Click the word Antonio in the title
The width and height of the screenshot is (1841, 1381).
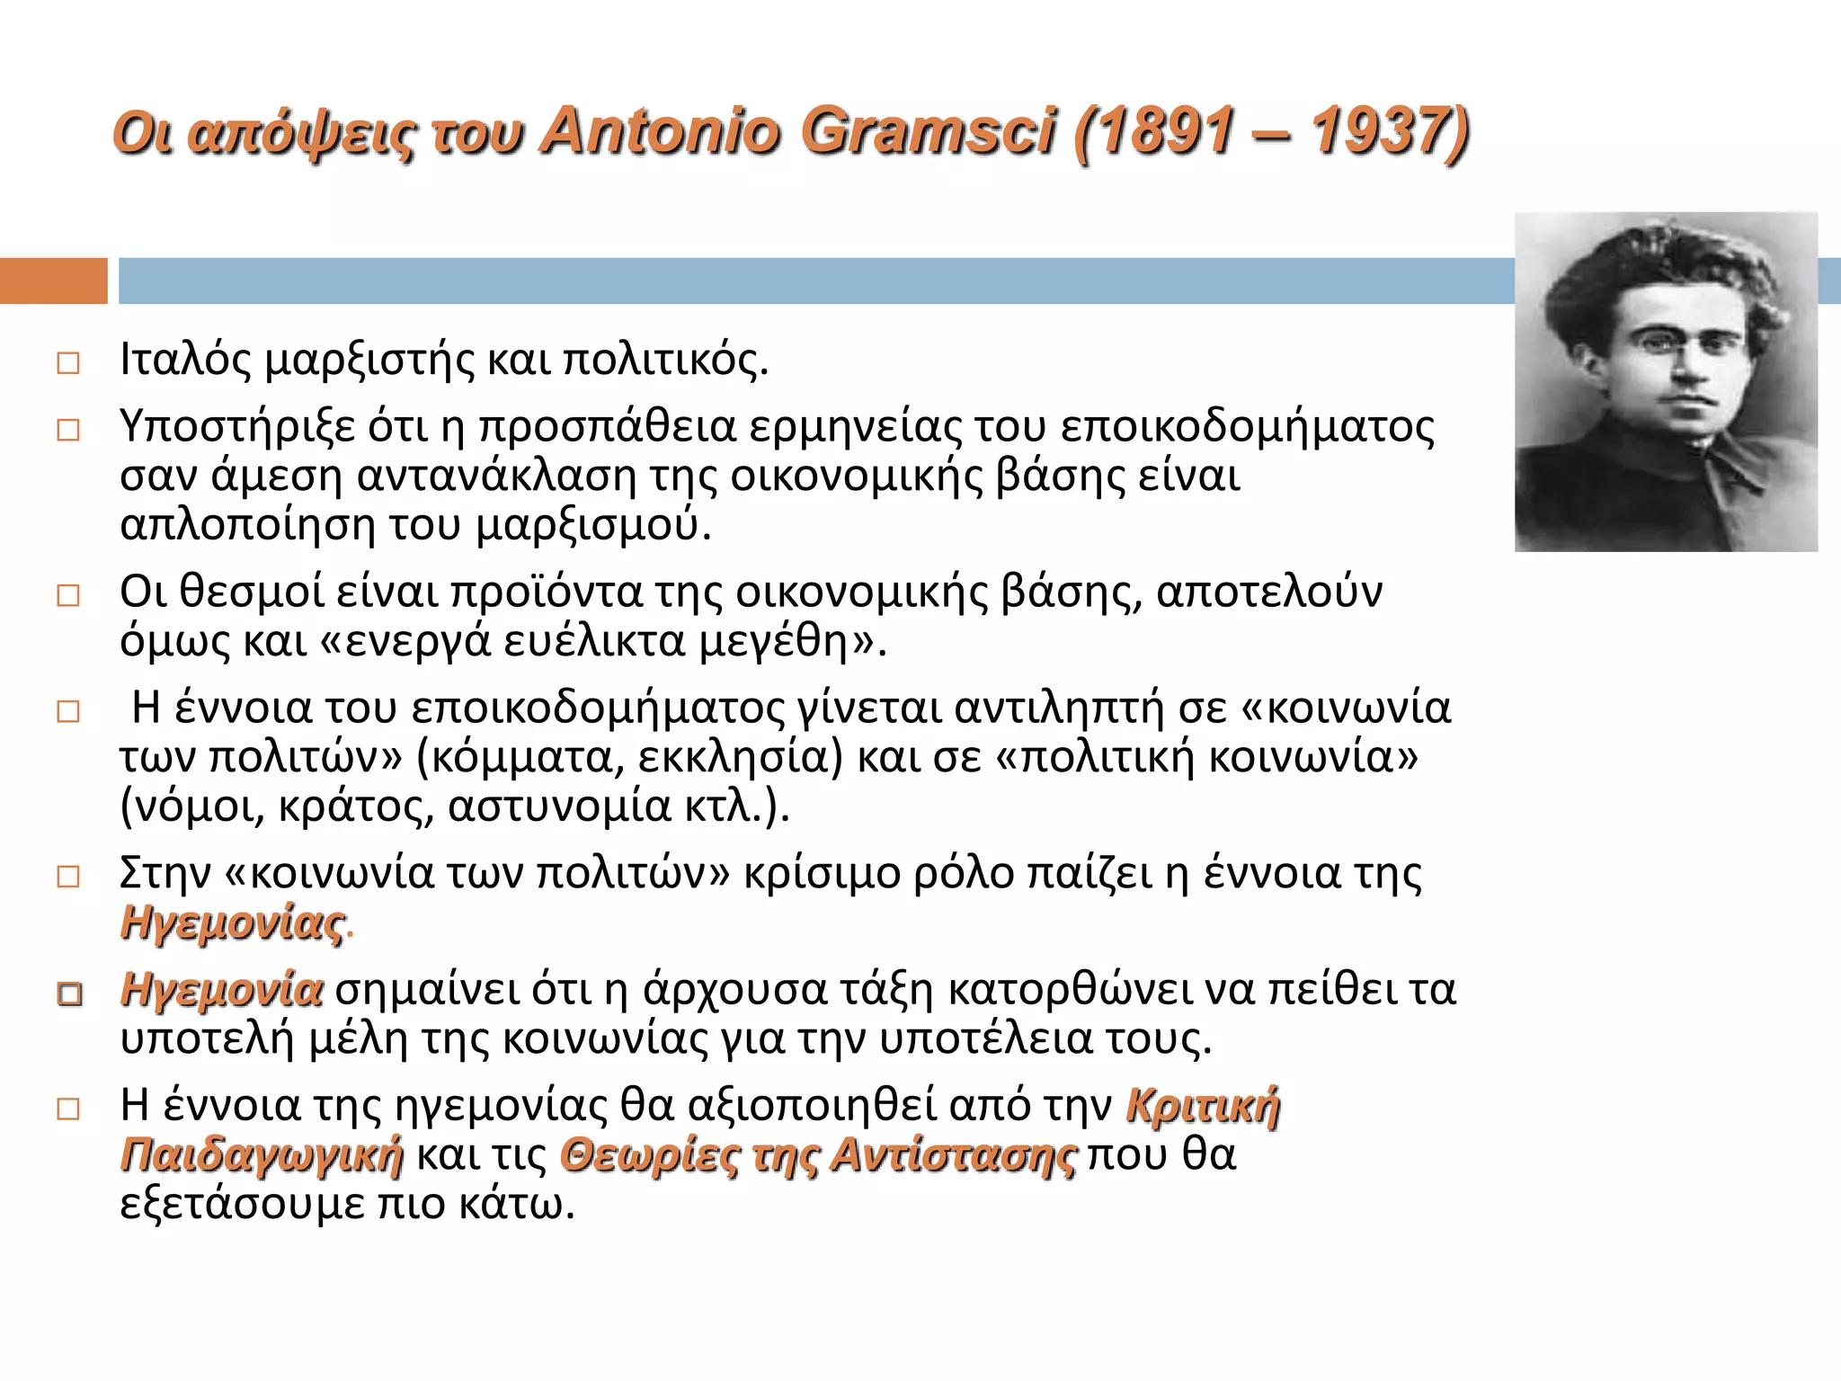point(661,132)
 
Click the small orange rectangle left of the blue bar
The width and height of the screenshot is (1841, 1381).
point(53,281)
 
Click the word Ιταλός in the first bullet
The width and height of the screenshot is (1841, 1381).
point(185,360)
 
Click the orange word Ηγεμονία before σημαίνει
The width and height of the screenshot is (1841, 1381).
point(221,990)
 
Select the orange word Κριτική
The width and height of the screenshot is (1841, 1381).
point(1203,1105)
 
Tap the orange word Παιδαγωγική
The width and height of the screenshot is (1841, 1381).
point(262,1155)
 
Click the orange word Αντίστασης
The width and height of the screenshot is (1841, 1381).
point(953,1155)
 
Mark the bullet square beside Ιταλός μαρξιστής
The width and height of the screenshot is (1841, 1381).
point(68,363)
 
